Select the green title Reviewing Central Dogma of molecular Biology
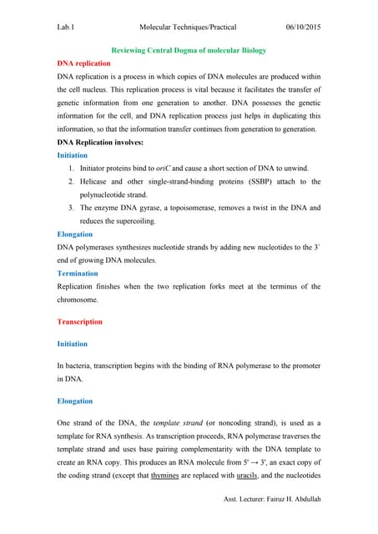(x=189, y=51)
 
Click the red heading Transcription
(x=80, y=322)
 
